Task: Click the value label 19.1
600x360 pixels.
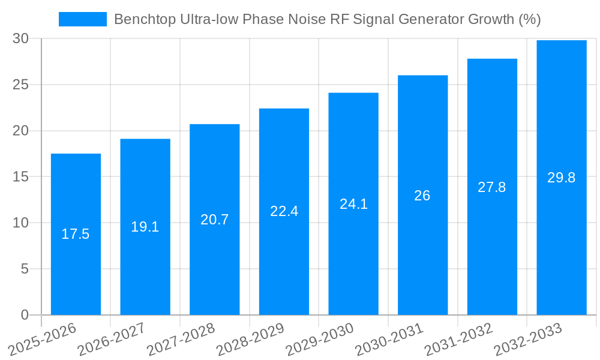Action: point(145,227)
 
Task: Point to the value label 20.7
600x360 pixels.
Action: point(214,220)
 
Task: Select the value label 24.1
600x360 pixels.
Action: point(353,204)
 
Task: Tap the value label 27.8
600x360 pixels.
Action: point(492,187)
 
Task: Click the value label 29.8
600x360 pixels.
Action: point(562,178)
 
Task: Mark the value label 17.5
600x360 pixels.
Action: point(76,234)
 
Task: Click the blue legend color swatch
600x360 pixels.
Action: point(83,19)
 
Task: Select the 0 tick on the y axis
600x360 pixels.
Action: point(25,315)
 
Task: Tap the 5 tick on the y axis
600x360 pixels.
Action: point(25,269)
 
